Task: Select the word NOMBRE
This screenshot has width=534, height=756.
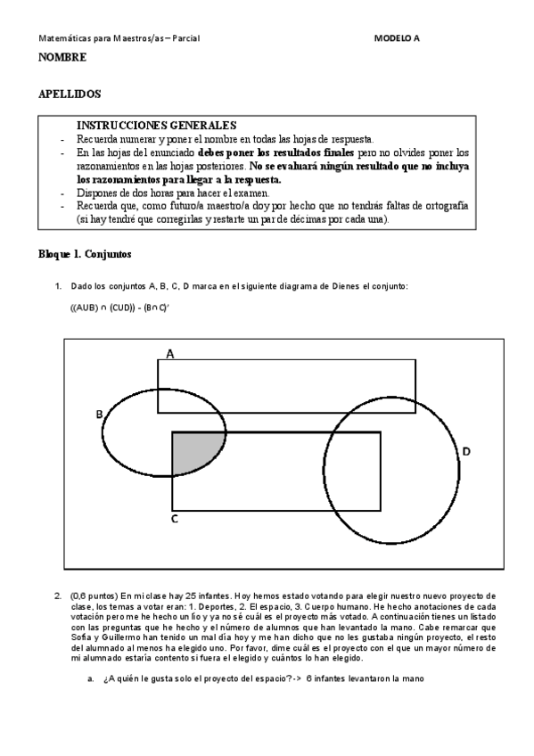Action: point(62,58)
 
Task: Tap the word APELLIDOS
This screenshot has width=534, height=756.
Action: point(70,94)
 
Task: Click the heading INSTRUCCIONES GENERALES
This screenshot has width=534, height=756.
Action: point(156,126)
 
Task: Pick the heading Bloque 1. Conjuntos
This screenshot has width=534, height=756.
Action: point(85,254)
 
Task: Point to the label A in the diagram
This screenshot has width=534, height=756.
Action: point(169,353)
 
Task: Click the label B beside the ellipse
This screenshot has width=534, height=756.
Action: point(100,414)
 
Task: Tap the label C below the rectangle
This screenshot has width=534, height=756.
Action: point(175,517)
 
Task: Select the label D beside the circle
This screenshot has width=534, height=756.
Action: point(465,452)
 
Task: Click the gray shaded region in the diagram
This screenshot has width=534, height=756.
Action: point(190,450)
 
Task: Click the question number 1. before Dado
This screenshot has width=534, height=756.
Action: point(59,285)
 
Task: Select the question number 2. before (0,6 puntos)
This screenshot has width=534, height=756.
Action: point(59,595)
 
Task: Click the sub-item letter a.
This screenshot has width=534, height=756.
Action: point(91,678)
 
